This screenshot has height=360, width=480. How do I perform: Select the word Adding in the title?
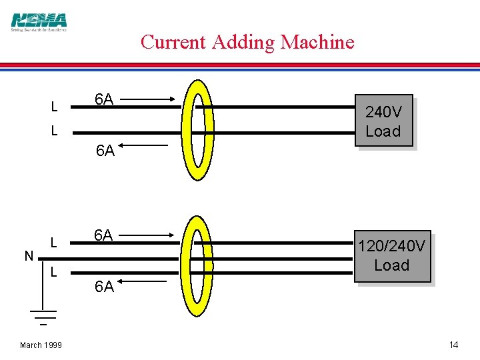pyautogui.click(x=243, y=43)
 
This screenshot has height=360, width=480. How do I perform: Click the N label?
pyautogui.click(x=29, y=256)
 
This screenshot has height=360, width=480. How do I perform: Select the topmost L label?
pyautogui.click(x=54, y=107)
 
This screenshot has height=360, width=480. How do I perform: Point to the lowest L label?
pyautogui.click(x=54, y=272)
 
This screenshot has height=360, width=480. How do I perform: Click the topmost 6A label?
pyautogui.click(x=103, y=100)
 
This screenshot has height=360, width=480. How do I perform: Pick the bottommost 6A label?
pyautogui.click(x=105, y=287)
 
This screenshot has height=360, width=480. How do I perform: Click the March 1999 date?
pyautogui.click(x=41, y=345)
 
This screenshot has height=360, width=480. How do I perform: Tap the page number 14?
pyautogui.click(x=453, y=345)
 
